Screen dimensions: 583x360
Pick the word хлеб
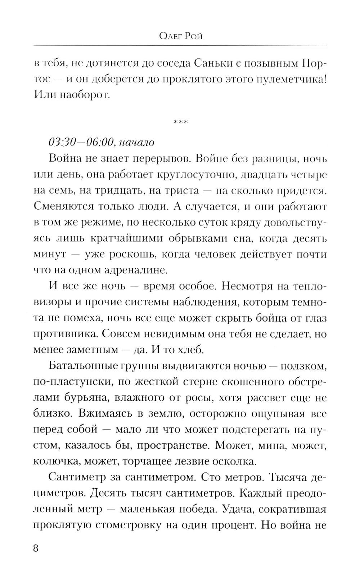(189, 349)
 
